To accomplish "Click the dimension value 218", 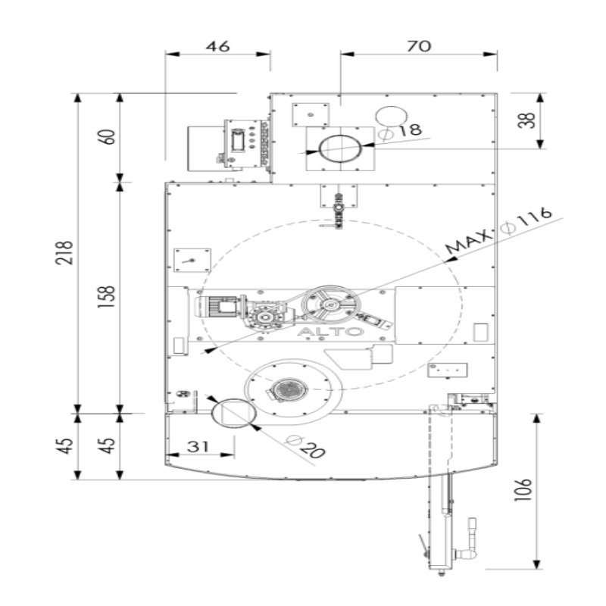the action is point(64,253).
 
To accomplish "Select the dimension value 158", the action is point(107,296).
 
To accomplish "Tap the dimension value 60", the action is point(108,137).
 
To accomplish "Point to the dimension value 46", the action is point(217,47).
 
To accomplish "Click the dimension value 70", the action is point(419,46).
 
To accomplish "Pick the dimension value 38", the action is point(527,120).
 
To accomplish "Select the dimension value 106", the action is point(523,489).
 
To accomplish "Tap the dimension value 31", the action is point(198,446).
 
